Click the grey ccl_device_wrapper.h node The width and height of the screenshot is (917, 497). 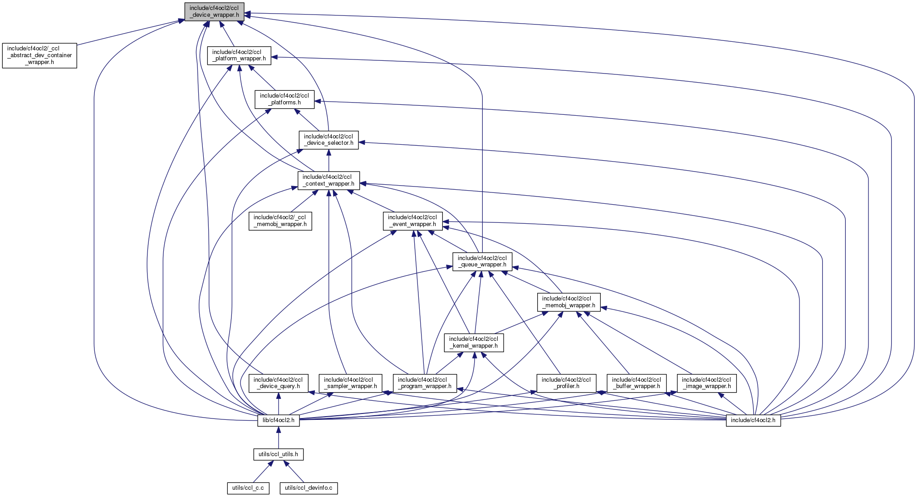[x=214, y=11]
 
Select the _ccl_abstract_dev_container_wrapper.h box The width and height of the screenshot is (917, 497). [x=39, y=55]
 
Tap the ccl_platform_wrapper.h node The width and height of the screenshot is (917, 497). [x=239, y=55]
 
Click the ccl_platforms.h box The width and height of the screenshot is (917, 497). [x=284, y=99]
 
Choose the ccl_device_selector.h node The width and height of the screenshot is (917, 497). [x=329, y=140]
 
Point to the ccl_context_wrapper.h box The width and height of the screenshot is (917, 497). [x=329, y=180]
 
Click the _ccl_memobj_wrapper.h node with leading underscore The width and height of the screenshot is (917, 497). [x=280, y=221]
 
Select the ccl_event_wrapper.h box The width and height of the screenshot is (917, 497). [x=412, y=221]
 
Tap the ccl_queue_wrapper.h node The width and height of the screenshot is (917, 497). [x=482, y=261]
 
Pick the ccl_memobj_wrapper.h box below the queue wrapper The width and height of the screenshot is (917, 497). [x=569, y=302]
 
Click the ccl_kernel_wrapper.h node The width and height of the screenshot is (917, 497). [x=474, y=342]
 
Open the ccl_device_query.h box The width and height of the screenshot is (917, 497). [x=278, y=383]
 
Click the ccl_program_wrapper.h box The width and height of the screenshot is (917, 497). [x=424, y=383]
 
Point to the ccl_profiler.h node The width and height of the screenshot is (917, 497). [x=566, y=383]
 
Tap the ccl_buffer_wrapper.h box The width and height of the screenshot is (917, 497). [x=636, y=383]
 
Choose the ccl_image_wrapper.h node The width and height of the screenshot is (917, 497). [x=706, y=383]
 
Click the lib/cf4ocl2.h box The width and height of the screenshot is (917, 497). [x=279, y=420]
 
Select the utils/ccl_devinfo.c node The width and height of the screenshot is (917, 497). [x=309, y=488]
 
